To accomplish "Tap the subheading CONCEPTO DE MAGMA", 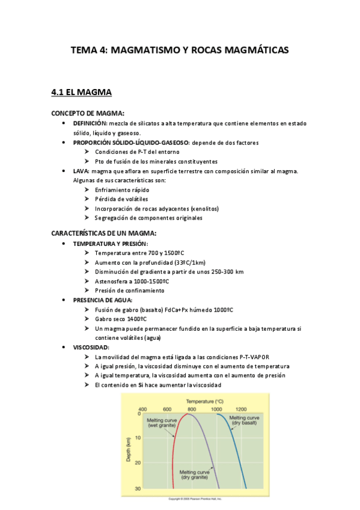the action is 88,113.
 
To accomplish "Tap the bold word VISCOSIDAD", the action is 91,347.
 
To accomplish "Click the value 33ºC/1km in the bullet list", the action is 186,262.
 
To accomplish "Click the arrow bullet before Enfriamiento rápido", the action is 88,189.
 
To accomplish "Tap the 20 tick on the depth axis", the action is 138,462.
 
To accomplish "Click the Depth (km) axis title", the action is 128,451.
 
